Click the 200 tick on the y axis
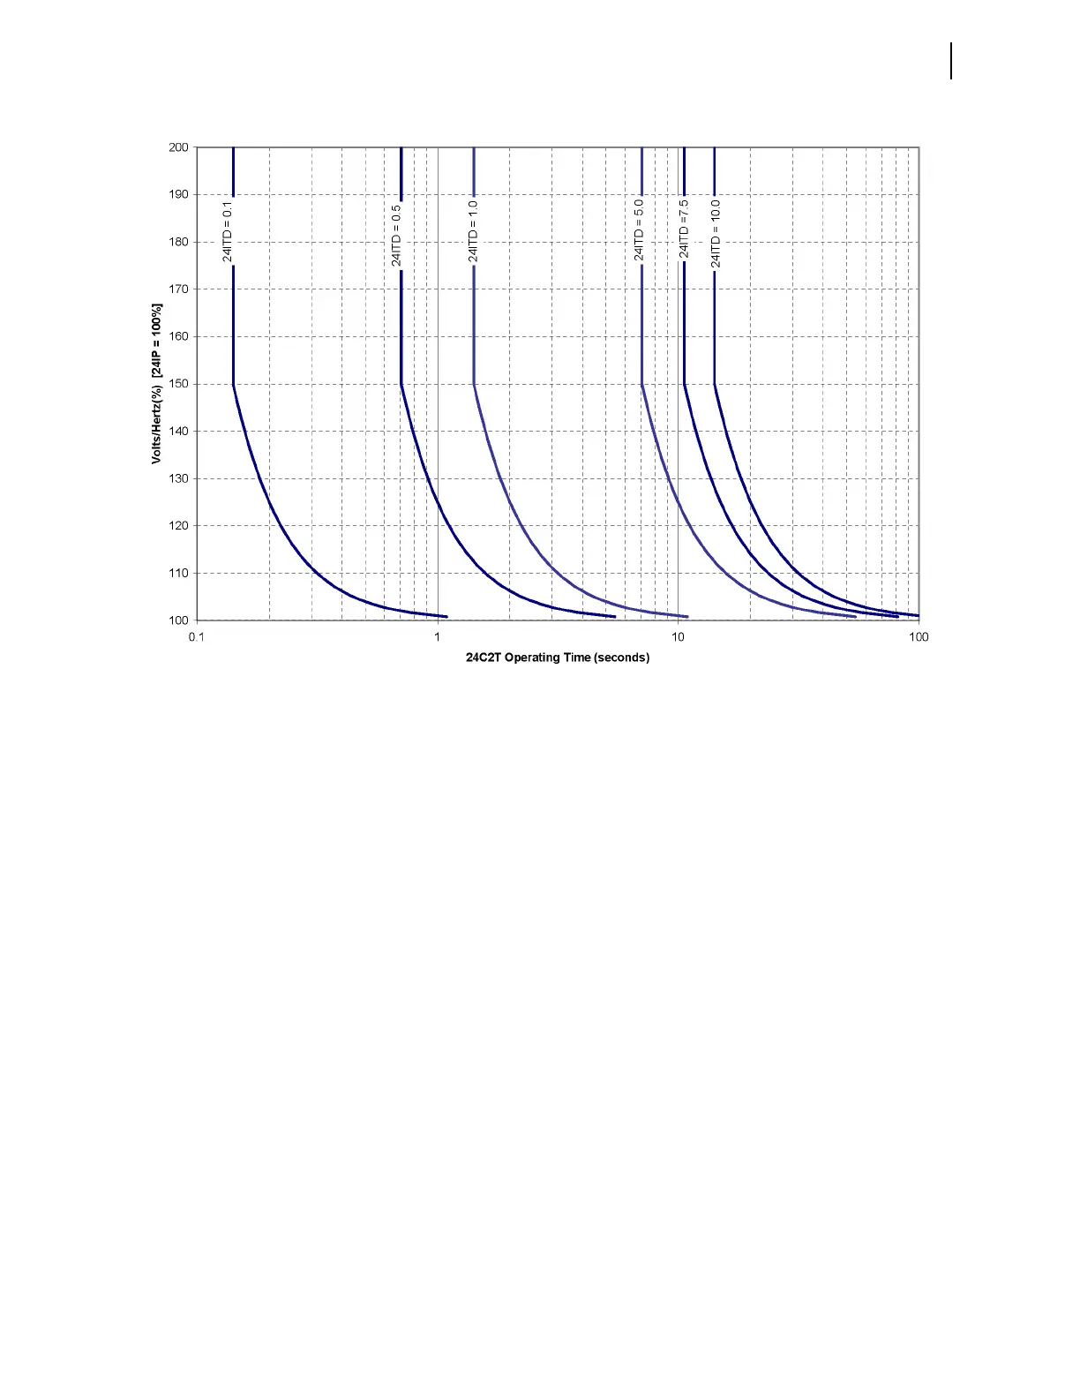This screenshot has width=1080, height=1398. [x=178, y=147]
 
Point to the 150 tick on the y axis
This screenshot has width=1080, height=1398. [x=178, y=384]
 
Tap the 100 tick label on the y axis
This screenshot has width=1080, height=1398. [x=178, y=620]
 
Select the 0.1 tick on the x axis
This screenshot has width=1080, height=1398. [x=197, y=637]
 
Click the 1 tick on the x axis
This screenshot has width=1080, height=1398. [x=438, y=637]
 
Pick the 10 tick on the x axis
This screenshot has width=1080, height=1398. [x=679, y=637]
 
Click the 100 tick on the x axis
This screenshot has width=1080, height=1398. [x=919, y=637]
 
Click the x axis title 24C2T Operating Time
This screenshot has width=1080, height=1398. [x=558, y=658]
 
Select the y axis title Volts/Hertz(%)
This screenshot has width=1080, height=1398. [x=157, y=384]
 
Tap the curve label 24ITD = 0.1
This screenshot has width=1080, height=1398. [x=228, y=233]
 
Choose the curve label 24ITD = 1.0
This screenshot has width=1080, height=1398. [x=473, y=231]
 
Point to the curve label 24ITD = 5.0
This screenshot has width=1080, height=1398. [x=639, y=229]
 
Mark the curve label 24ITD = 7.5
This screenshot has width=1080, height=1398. [x=684, y=229]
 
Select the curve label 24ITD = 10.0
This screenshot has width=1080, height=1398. [x=716, y=233]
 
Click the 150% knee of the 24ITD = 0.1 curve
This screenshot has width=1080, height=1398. [x=233, y=384]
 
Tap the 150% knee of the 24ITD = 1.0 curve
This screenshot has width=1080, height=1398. [x=474, y=384]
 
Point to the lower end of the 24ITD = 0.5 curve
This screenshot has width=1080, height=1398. [x=614, y=616]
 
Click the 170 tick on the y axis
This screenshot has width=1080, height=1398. [x=178, y=289]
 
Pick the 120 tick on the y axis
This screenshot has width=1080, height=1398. [x=178, y=526]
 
